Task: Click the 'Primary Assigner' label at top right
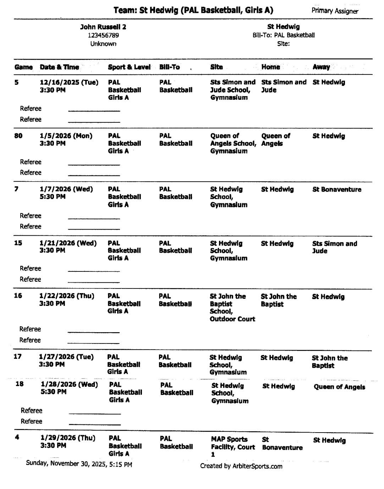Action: tap(335, 11)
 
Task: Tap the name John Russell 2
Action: tap(103, 27)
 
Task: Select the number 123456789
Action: tap(103, 35)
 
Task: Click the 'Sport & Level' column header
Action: tap(129, 67)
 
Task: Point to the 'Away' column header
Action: tap(321, 67)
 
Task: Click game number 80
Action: tap(18, 136)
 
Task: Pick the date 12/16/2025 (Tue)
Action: tap(69, 82)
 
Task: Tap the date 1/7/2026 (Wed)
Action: tap(66, 189)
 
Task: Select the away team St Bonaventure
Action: tap(336, 189)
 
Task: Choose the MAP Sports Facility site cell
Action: tap(233, 447)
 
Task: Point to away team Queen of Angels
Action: tap(339, 387)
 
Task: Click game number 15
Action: tap(18, 243)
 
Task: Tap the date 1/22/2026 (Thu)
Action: tap(67, 296)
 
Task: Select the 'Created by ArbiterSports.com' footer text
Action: tap(241, 466)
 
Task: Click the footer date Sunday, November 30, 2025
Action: tap(79, 464)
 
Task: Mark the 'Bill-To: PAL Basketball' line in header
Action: tap(283, 35)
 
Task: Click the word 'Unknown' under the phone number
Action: tap(103, 44)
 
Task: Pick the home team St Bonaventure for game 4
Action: tap(282, 444)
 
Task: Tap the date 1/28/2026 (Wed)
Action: tap(69, 384)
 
